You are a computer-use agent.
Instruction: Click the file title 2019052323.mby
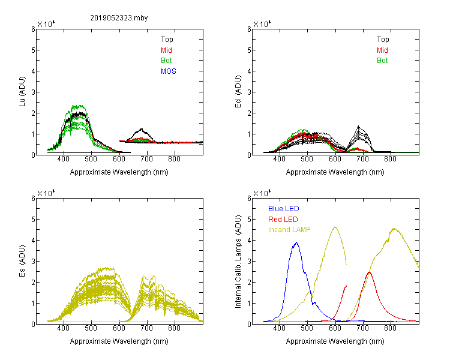pos(119,18)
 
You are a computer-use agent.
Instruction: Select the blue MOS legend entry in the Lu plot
pos(169,71)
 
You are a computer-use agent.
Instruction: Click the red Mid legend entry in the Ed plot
pos(382,50)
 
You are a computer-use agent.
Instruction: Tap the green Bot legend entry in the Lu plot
pos(166,61)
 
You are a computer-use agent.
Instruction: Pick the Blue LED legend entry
pos(284,209)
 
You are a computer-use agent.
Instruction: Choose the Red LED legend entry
pos(283,220)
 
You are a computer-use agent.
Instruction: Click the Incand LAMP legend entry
pos(289,230)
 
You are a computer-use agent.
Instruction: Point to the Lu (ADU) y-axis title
pos(22,92)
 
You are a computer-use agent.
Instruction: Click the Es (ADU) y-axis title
pos(22,261)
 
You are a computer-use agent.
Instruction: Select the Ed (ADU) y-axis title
pos(238,92)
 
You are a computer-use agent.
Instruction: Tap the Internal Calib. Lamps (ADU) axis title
pos(238,261)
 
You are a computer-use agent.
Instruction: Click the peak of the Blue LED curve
pos(296,242)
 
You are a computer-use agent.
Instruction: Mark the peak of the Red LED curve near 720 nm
pos(369,272)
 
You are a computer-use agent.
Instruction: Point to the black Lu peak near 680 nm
pos(141,129)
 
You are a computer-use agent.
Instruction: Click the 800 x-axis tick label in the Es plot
pos(174,328)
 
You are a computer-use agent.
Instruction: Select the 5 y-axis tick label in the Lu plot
pos(33,50)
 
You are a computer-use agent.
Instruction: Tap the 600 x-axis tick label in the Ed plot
pos(335,159)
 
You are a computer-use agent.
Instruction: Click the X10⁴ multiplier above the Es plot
pos(46,193)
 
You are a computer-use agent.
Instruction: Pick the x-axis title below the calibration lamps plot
pos(335,341)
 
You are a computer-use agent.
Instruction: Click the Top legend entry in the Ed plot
pos(383,40)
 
